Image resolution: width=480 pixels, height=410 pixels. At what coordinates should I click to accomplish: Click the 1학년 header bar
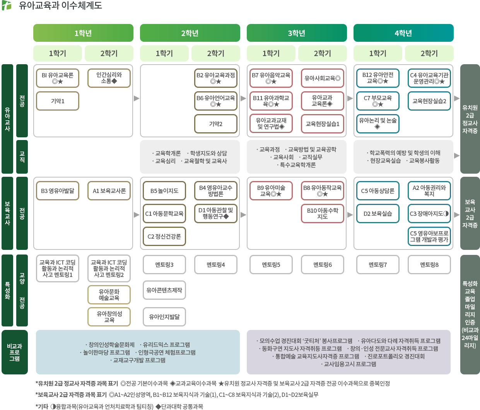[83, 33]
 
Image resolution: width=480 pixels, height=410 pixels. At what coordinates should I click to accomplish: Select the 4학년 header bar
[403, 33]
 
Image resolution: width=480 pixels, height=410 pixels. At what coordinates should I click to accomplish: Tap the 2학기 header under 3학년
[322, 53]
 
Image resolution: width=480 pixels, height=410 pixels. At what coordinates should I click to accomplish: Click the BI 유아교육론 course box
[58, 78]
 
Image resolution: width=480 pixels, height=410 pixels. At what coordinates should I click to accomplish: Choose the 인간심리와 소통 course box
[109, 78]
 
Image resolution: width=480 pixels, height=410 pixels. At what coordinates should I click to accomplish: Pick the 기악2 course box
[215, 124]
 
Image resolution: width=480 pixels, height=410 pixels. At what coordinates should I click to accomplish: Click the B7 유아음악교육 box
[271, 78]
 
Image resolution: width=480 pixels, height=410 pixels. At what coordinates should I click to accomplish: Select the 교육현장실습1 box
[322, 124]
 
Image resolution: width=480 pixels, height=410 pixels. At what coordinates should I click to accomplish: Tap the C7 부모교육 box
[378, 101]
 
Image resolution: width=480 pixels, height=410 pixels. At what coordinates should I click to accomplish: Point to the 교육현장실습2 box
[429, 101]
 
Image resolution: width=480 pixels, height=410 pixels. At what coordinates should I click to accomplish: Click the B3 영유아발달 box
[58, 191]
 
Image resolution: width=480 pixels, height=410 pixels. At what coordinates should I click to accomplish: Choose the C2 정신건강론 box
[164, 236]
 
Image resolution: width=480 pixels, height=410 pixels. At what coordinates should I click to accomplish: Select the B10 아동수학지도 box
[322, 214]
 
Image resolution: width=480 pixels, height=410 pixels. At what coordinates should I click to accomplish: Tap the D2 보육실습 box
[378, 214]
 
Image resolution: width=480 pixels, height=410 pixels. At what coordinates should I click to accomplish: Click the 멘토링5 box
[271, 265]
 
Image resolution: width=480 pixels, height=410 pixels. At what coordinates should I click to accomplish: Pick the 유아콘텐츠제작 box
[164, 290]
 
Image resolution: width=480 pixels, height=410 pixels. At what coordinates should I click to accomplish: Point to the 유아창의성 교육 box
[109, 317]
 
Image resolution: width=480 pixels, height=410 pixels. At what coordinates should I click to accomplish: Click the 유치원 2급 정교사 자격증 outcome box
[470, 119]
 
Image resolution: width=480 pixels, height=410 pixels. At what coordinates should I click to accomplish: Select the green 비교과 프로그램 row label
[15, 352]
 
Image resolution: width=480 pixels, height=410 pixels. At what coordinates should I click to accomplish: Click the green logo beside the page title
[7, 5]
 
